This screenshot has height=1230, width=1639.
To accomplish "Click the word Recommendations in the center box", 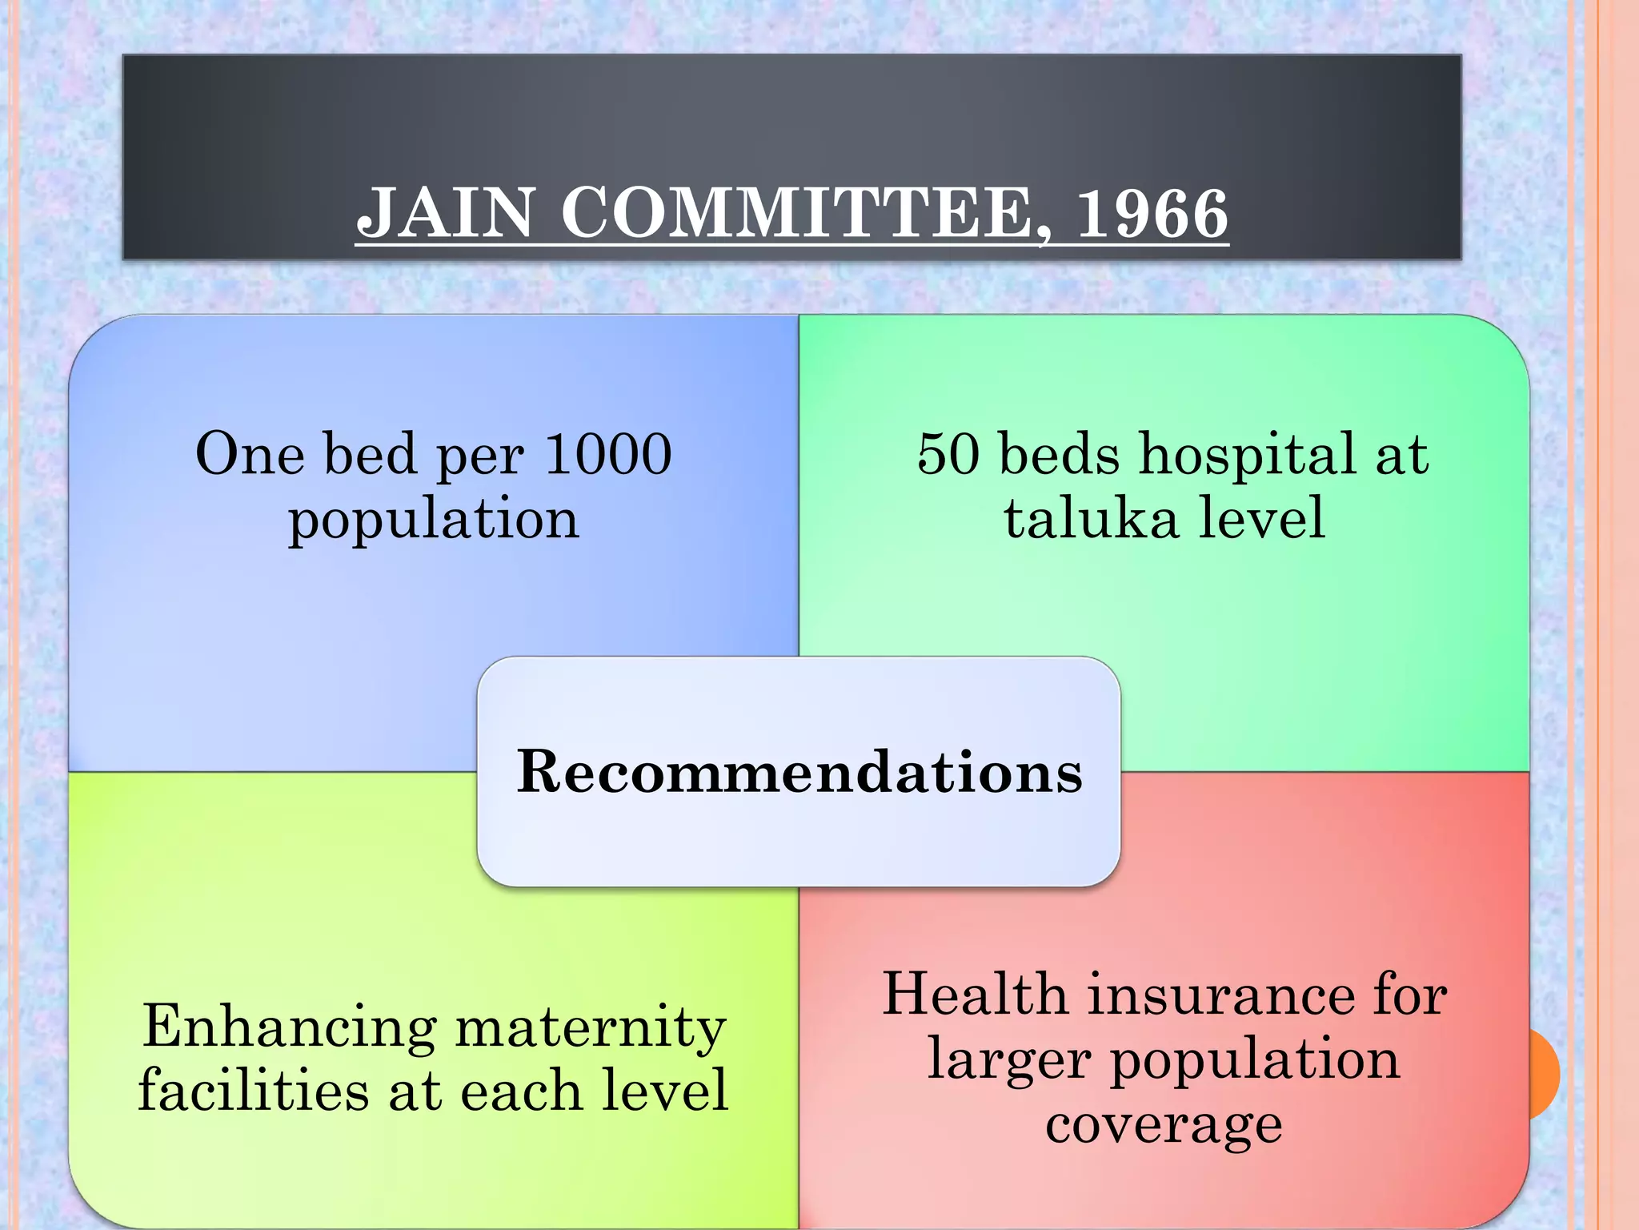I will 799,772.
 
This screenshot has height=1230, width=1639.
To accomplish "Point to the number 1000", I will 607,454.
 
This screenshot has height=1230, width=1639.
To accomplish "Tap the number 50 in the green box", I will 948,454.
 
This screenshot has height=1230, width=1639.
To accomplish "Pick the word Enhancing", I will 290,1027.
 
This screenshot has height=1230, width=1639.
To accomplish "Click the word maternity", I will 591,1027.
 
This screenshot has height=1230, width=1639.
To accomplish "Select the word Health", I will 975,995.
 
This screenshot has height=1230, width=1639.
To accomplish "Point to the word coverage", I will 1164,1124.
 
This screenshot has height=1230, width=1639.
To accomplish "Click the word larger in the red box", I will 1009,1060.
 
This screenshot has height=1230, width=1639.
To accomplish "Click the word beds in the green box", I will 1060,454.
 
